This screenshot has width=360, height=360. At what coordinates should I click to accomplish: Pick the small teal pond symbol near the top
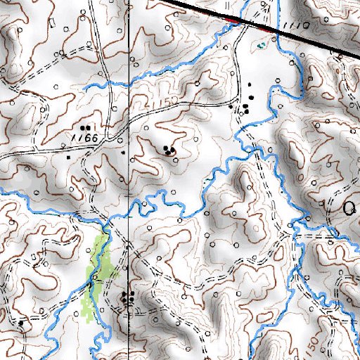click(x=261, y=46)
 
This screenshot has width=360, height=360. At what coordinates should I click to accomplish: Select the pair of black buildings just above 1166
click(x=86, y=128)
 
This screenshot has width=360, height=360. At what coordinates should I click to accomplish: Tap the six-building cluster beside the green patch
click(x=127, y=297)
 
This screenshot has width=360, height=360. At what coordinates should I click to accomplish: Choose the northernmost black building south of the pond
click(x=250, y=86)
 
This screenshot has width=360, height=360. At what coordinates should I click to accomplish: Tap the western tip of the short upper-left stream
click(x=84, y=87)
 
